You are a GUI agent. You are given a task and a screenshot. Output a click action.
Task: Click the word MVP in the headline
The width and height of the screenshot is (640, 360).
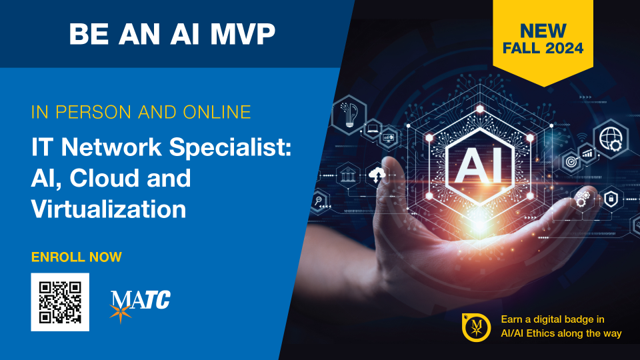(243, 33)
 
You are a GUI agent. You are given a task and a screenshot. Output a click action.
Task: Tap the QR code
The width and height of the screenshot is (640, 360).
(60, 302)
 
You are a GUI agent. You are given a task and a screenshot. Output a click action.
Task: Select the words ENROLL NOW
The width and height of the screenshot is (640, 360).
(76, 257)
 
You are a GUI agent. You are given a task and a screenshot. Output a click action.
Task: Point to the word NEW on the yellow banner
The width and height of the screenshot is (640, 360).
(543, 31)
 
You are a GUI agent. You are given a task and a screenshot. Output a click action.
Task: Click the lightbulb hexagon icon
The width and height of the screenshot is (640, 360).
(349, 115)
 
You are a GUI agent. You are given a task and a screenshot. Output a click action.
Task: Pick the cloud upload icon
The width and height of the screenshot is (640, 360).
(377, 175)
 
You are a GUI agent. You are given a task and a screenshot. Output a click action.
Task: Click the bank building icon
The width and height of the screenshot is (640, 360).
(348, 176)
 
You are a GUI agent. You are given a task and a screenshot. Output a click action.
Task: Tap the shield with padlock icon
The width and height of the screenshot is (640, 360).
(611, 199)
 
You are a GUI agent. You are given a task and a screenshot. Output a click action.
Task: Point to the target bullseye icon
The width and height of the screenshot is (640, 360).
(571, 161)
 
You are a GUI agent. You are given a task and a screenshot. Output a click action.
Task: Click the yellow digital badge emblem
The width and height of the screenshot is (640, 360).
(476, 327)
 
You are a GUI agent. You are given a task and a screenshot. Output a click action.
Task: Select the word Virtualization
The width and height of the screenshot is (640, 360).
(109, 209)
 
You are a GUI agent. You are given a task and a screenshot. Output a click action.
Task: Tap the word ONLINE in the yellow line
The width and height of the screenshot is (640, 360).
(217, 112)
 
